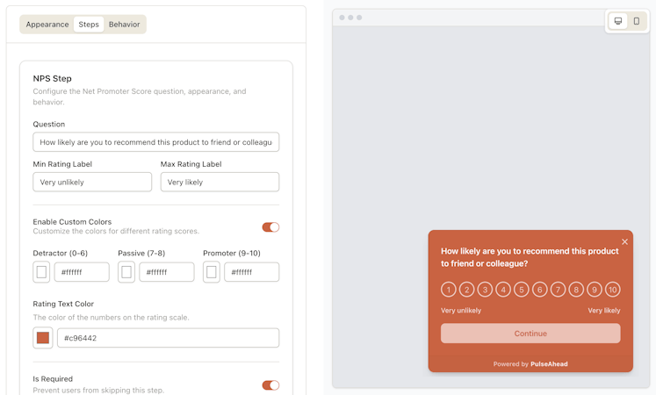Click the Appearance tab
(47, 25)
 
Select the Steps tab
(89, 25)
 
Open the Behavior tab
(124, 25)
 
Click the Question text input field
(156, 142)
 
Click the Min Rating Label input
(92, 183)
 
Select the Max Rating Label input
(220, 183)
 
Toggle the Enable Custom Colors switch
(270, 227)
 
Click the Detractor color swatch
(41, 272)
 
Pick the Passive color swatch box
(126, 272)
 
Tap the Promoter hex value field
(252, 272)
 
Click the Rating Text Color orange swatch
(43, 338)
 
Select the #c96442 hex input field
(169, 338)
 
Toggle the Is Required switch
(270, 385)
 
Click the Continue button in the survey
(530, 334)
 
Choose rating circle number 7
(559, 290)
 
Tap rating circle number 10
(613, 290)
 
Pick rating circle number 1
(449, 290)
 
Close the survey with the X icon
(624, 241)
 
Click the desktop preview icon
(618, 21)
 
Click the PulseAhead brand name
(549, 364)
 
